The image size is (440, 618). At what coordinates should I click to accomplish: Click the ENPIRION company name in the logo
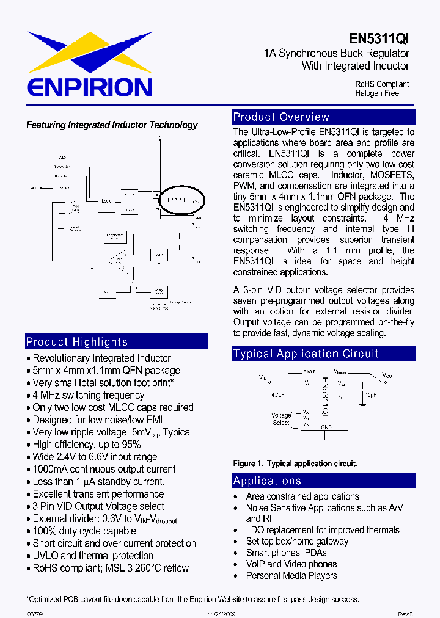[90, 86]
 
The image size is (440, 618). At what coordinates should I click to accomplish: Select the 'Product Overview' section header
[281, 117]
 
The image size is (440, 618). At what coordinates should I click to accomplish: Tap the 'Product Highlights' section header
[77, 342]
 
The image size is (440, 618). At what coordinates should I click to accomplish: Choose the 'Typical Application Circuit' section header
[306, 354]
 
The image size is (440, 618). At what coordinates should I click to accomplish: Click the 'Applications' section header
[267, 481]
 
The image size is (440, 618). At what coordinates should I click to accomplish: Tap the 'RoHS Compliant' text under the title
[382, 84]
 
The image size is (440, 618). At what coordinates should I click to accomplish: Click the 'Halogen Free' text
[376, 93]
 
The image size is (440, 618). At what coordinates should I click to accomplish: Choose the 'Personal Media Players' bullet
[291, 575]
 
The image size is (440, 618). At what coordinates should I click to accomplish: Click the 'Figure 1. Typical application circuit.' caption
[295, 463]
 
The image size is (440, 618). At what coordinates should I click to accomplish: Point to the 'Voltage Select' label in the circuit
[281, 419]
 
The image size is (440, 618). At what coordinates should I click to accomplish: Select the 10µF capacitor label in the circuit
[370, 396]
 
